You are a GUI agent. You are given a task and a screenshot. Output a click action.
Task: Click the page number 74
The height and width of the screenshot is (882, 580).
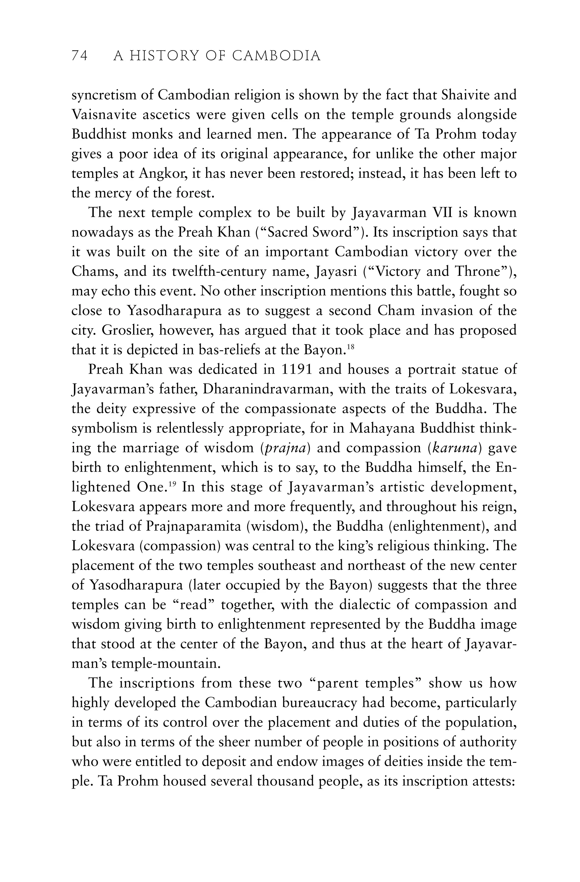[79, 56]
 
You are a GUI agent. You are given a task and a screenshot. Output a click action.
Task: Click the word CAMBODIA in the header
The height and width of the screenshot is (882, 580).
[276, 56]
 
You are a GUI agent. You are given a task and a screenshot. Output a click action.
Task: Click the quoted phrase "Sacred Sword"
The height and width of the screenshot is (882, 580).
[309, 232]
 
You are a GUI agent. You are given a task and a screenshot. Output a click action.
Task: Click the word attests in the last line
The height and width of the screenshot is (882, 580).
[492, 781]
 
